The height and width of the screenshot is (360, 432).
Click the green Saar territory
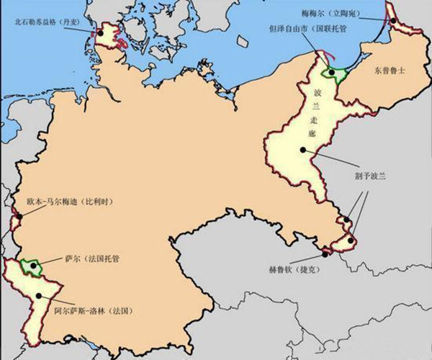click(x=30, y=266)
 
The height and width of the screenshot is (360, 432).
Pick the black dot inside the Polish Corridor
click(x=304, y=150)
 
